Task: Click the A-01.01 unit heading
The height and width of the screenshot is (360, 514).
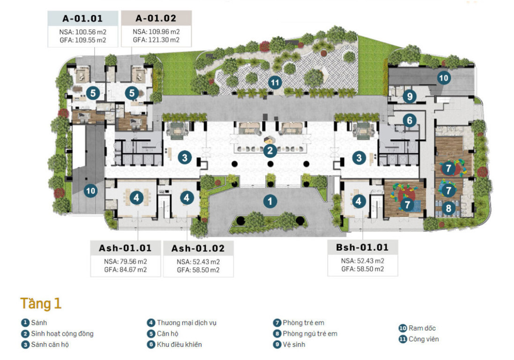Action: [x=82, y=18]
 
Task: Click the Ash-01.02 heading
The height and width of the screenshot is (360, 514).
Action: [x=198, y=248]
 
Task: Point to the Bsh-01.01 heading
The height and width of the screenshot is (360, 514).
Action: [x=362, y=247]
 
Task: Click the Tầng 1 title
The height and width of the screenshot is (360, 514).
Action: [x=41, y=303]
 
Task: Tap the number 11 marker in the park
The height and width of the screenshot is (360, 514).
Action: [x=275, y=82]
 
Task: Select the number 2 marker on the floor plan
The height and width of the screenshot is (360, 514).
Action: [x=270, y=150]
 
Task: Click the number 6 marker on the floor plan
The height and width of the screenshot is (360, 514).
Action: [x=410, y=120]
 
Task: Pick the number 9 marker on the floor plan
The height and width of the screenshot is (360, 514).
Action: [x=410, y=97]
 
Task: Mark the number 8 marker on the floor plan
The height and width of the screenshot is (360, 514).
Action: [x=448, y=208]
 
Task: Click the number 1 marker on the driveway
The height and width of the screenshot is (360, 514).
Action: [x=270, y=201]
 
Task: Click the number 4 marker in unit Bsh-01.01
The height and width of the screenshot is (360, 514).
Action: [x=358, y=201]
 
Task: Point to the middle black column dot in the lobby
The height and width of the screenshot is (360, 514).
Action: [x=270, y=164]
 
